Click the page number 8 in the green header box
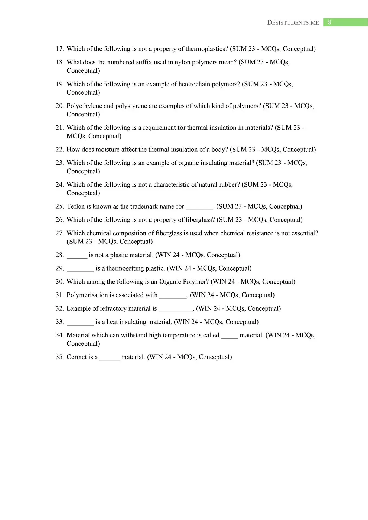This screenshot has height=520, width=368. coord(330,22)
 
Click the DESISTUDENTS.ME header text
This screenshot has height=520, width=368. coord(293,23)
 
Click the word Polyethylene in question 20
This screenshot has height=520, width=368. coord(84,106)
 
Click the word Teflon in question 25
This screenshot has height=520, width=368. coord(76,206)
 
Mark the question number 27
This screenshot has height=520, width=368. coord(59,233)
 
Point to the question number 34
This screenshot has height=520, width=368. coord(59,335)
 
